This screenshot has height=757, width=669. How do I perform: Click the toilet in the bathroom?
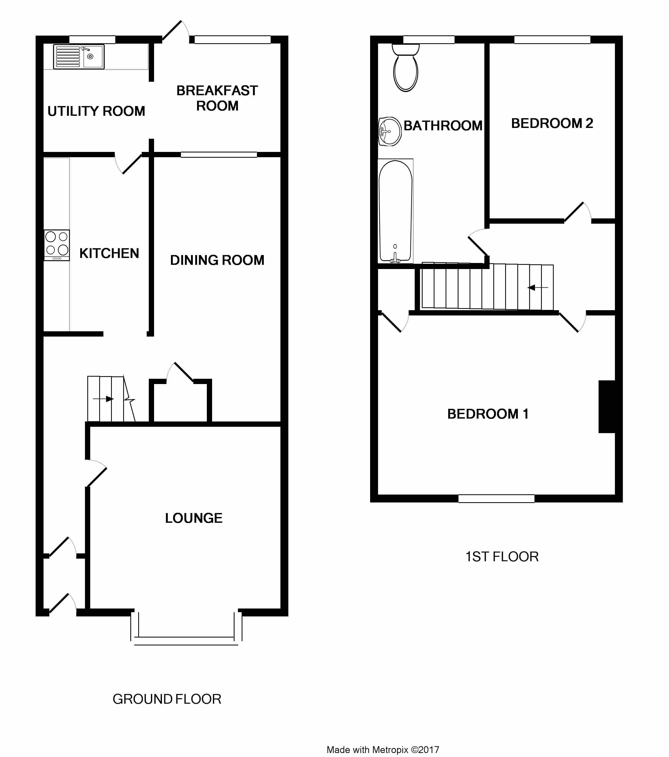coord(406,68)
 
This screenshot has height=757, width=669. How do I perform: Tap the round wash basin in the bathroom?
coord(390,131)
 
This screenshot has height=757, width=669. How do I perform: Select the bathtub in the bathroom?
coord(395,211)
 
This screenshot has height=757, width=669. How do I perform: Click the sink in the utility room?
coord(79,57)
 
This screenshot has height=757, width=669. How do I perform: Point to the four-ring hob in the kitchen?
coord(57,245)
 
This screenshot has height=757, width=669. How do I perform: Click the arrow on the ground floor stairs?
coord(103,399)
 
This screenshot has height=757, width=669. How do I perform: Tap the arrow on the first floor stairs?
coord(538,288)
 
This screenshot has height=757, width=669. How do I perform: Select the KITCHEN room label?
coord(109,253)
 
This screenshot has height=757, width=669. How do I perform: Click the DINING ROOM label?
coord(217,260)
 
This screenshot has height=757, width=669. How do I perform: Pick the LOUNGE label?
coord(194,518)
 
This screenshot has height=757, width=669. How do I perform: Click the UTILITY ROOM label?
coord(96,111)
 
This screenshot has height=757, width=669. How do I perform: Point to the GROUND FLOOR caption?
coord(167,699)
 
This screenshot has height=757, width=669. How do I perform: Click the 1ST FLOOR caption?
coord(502,556)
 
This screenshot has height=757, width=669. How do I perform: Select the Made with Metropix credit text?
coord(383,750)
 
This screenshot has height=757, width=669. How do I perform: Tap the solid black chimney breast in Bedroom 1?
coord(607,407)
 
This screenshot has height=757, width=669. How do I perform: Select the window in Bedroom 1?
coord(496,499)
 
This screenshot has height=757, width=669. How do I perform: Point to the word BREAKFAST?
coord(217,90)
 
